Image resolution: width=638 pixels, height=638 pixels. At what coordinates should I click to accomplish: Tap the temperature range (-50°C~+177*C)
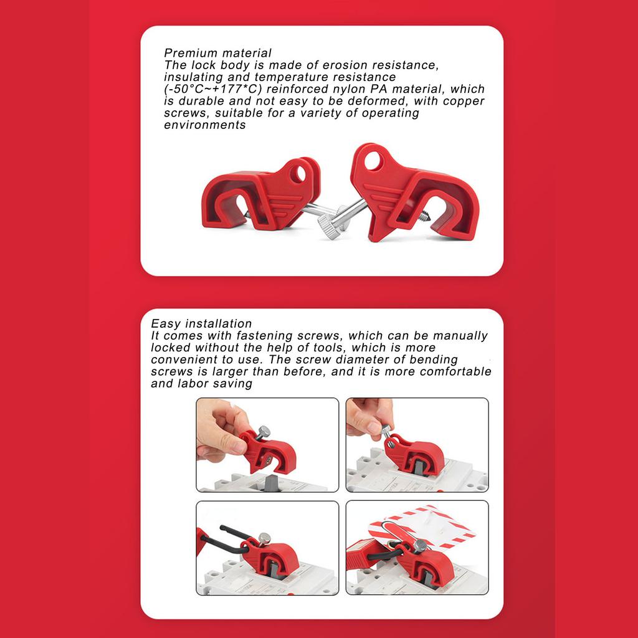(212, 89)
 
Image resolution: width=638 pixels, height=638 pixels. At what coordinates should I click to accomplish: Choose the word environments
(205, 125)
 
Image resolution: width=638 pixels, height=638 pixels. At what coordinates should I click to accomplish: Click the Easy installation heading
(201, 323)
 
